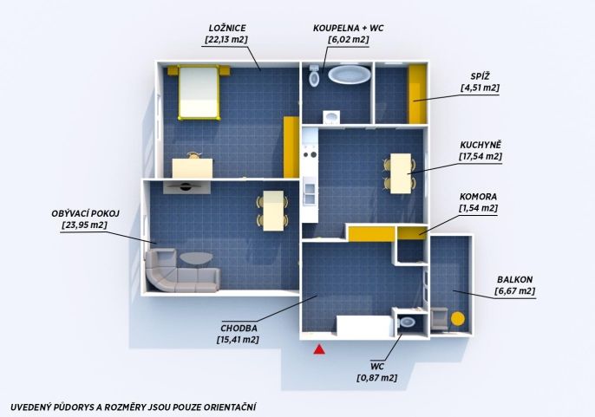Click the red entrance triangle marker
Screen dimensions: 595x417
[319, 349]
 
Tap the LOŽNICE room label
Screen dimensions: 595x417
[227, 28]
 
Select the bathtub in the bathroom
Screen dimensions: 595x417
[349, 75]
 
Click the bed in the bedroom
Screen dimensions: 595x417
[199, 93]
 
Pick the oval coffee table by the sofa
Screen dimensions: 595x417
[196, 258]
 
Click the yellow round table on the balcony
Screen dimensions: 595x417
[458, 319]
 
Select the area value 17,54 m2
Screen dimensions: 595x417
[481, 156]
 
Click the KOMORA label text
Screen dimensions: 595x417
[478, 197]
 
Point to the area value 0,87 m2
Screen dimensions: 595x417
[376, 378]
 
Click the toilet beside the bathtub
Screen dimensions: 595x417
[314, 75]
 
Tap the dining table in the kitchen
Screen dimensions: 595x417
[401, 173]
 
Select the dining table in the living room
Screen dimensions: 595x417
[273, 211]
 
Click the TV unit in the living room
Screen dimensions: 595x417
[186, 187]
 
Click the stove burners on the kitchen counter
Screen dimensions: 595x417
[310, 154]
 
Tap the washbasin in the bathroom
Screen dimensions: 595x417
[331, 117]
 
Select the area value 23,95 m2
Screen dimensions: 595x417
[84, 225]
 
